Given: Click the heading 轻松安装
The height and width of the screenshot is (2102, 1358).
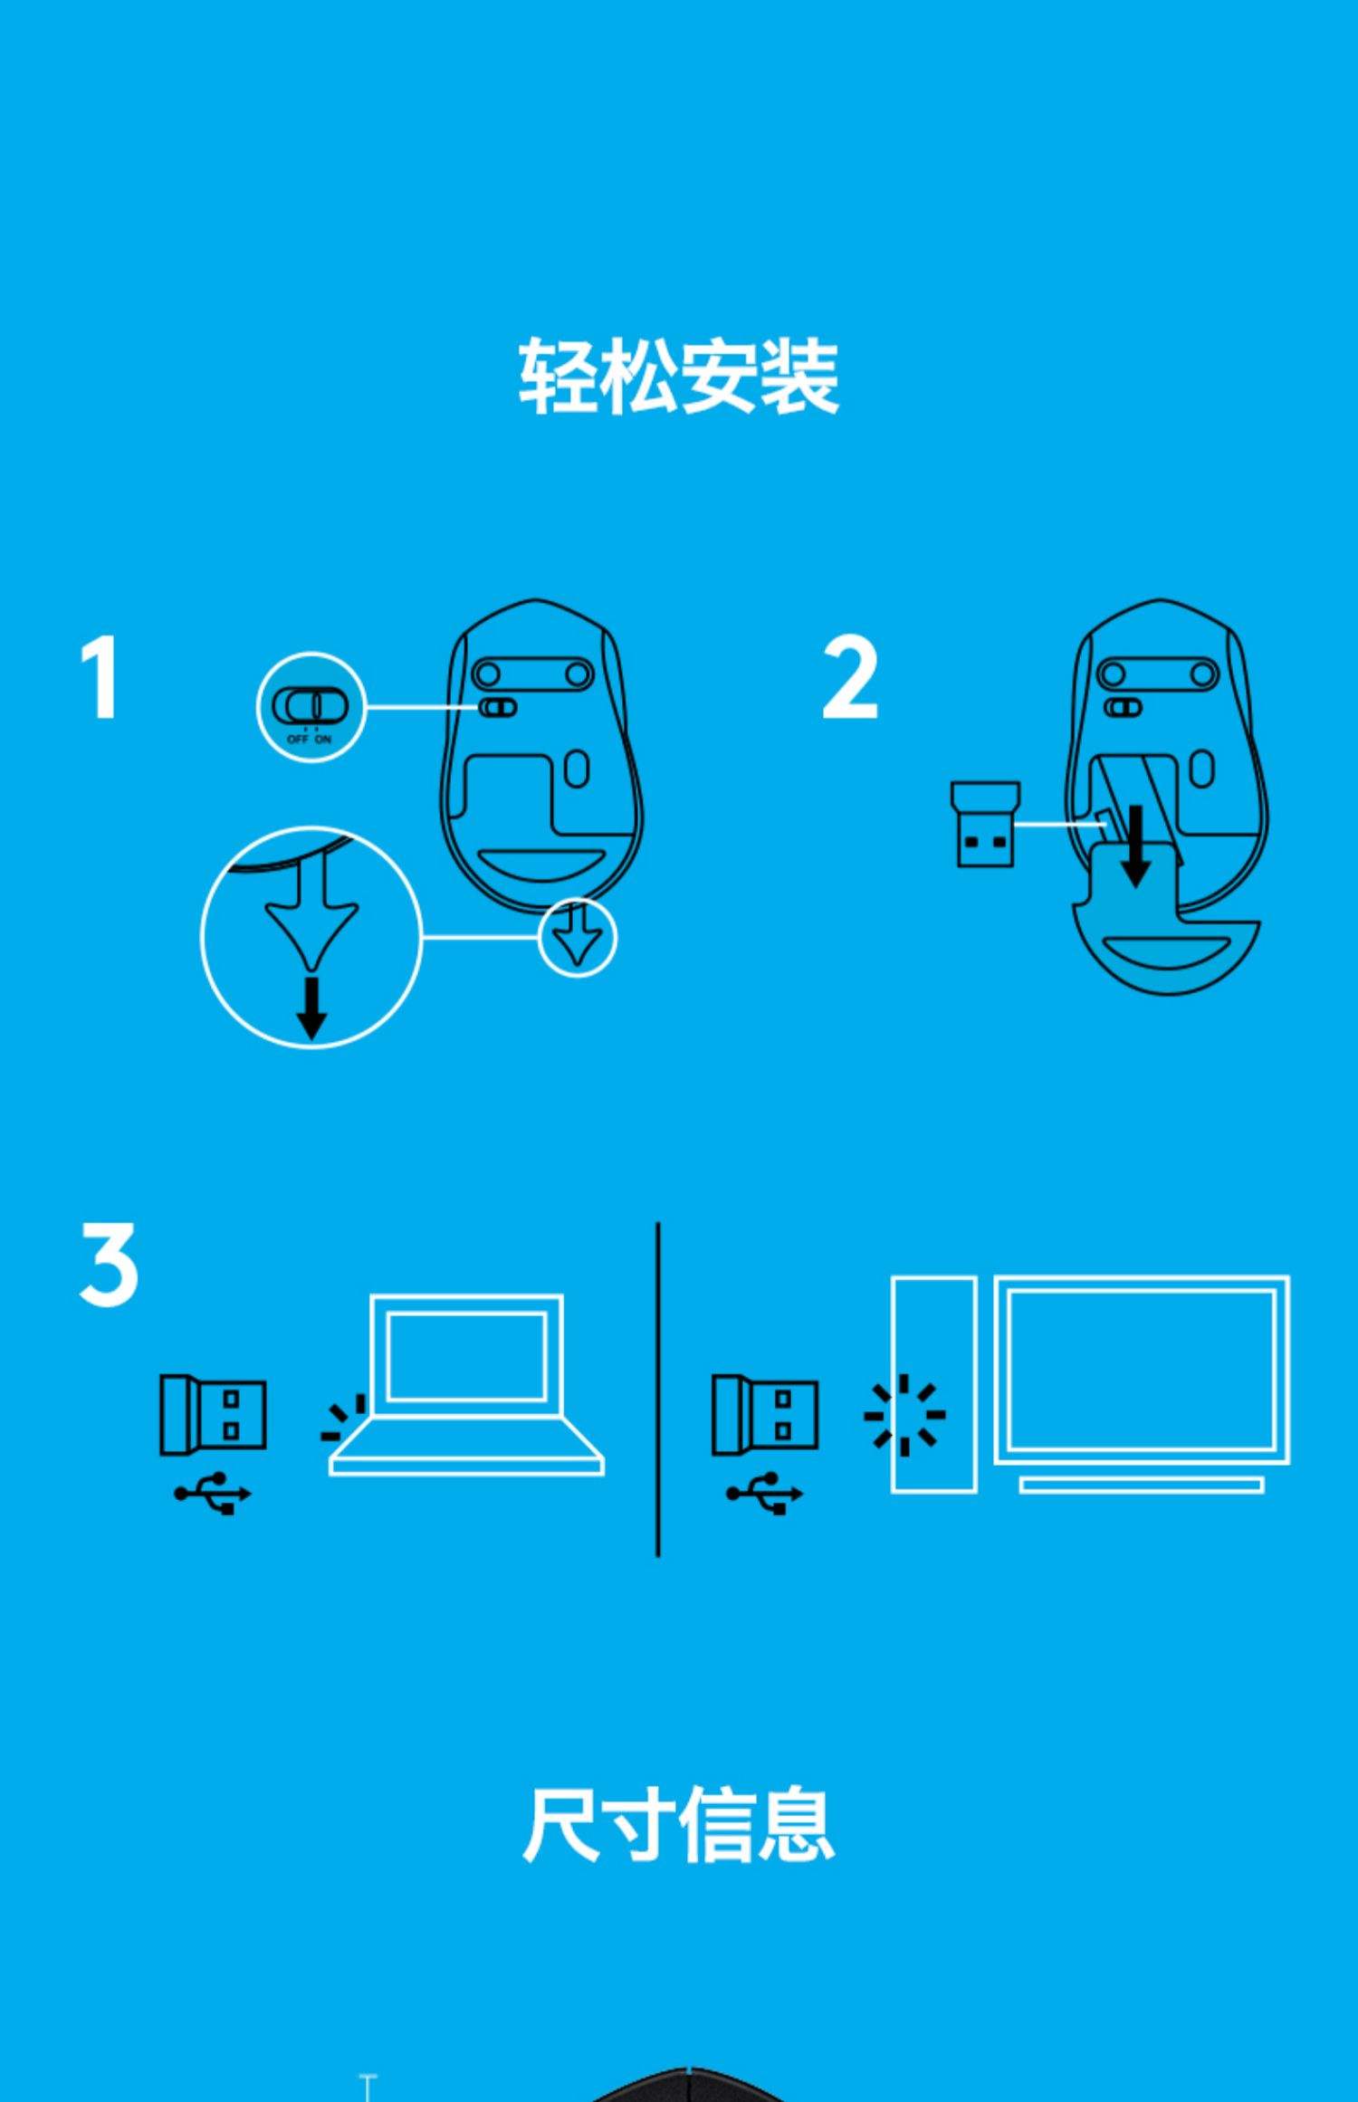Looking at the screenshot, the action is pyautogui.click(x=679, y=376).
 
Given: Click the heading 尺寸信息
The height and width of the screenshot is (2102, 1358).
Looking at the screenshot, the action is pyautogui.click(x=679, y=1823).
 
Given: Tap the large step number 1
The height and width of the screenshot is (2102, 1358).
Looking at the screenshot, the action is pyautogui.click(x=100, y=677).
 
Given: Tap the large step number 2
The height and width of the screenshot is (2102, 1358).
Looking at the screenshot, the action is pyautogui.click(x=850, y=677).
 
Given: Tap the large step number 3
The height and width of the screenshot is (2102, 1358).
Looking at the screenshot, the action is pyautogui.click(x=109, y=1264).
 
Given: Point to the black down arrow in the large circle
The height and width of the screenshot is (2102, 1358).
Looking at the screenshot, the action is pyautogui.click(x=311, y=1007).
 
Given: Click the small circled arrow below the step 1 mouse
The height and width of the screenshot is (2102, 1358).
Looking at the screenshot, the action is pyautogui.click(x=578, y=937).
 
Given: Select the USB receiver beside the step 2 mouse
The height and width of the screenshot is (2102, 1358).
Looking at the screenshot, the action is pyautogui.click(x=985, y=824).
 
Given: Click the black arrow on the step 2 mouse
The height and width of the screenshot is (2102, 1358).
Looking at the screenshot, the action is pyautogui.click(x=1135, y=846).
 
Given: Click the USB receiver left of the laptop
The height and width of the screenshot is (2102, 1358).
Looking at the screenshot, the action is pyautogui.click(x=213, y=1414).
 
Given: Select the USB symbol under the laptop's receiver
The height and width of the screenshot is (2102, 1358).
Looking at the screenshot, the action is pyautogui.click(x=213, y=1493).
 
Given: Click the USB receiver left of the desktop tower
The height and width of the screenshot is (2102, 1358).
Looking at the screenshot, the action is pyautogui.click(x=765, y=1414).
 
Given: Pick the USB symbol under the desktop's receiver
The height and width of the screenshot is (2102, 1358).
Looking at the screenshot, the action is pyautogui.click(x=765, y=1493).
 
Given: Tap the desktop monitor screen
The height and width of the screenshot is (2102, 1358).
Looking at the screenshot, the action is pyautogui.click(x=1142, y=1370).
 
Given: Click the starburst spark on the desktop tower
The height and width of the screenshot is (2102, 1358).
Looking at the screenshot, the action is pyautogui.click(x=904, y=1415).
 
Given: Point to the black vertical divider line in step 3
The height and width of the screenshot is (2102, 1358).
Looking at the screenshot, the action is pyautogui.click(x=657, y=1390).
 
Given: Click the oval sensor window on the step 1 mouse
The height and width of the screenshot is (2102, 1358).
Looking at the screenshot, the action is pyautogui.click(x=577, y=769).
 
